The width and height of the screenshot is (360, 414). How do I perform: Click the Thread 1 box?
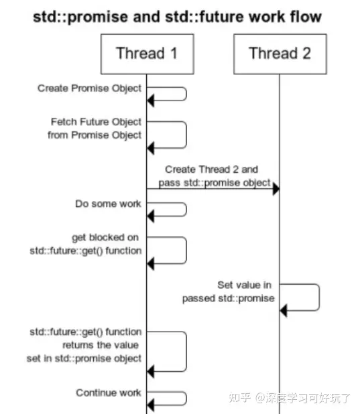(146, 53)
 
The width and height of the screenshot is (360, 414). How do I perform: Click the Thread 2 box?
(280, 53)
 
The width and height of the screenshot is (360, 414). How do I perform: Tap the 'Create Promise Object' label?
(89, 88)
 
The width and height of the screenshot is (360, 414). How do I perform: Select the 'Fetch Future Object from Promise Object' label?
(95, 128)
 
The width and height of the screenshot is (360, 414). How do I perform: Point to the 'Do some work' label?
(108, 203)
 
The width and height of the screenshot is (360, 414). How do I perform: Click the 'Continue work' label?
(109, 393)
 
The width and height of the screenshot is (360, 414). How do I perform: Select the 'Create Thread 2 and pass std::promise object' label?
(213, 176)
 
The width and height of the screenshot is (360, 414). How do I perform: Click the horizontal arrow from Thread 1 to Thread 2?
(213, 190)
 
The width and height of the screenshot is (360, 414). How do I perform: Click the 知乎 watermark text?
(241, 398)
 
